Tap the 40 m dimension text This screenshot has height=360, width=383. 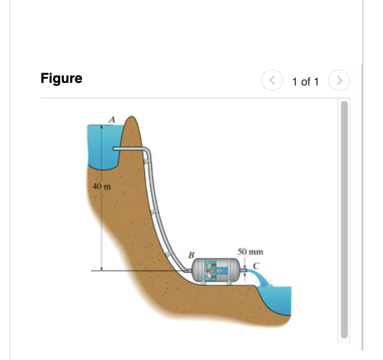pyautogui.click(x=102, y=187)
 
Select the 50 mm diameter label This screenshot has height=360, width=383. pyautogui.click(x=250, y=252)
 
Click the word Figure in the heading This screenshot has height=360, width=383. pyautogui.click(x=61, y=79)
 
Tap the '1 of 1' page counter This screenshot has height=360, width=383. pyautogui.click(x=305, y=82)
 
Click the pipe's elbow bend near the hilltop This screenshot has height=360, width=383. pyautogui.click(x=147, y=151)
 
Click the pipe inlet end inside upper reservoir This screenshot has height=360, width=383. pyautogui.click(x=115, y=149)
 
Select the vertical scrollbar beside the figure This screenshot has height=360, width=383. pyautogui.click(x=344, y=219)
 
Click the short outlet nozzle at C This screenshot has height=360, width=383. pyautogui.click(x=245, y=270)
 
